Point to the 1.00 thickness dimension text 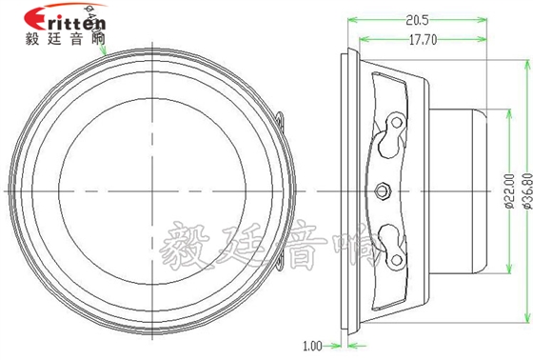point(312,346)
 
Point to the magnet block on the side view point(462,189)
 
